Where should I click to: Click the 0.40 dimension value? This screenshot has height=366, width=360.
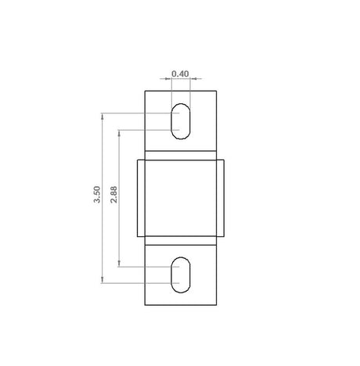point(180,74)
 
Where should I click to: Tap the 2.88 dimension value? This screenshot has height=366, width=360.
point(114,196)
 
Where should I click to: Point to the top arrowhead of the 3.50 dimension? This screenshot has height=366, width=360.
point(103,115)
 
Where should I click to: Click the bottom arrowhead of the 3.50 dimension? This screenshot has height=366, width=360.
point(103,280)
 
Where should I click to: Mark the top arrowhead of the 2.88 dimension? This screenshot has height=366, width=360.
point(119,131)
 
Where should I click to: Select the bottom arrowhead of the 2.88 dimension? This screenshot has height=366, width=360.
point(119,264)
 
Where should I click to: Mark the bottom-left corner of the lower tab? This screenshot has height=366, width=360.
point(146,303)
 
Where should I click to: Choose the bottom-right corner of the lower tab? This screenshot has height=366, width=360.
point(216,303)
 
